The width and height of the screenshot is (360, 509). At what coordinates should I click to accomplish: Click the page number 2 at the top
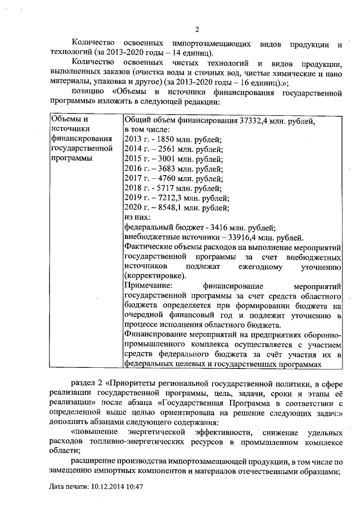[x=197, y=30]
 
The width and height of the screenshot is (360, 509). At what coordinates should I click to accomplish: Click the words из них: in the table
[x=136, y=218]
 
